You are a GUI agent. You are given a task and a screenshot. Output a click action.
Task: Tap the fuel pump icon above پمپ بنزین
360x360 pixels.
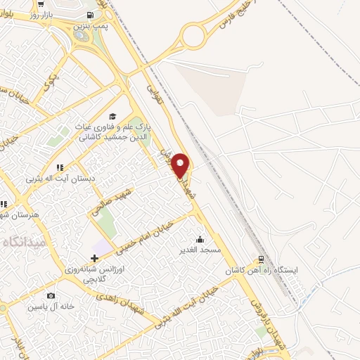[x=91, y=15]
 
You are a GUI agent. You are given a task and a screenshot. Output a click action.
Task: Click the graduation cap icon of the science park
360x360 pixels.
[x=112, y=117]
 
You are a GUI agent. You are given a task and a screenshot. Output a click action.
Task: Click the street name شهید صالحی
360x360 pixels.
[x=112, y=200]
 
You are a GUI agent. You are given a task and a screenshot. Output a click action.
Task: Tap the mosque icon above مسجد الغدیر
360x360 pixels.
[x=200, y=239]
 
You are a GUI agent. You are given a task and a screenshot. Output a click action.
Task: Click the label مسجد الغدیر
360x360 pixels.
[x=200, y=250]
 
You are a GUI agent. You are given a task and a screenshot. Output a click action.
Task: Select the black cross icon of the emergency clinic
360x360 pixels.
[x=94, y=258]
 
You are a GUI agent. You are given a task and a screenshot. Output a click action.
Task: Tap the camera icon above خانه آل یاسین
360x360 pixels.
[x=50, y=296]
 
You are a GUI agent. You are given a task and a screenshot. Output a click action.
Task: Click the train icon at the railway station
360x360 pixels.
[x=261, y=259]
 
